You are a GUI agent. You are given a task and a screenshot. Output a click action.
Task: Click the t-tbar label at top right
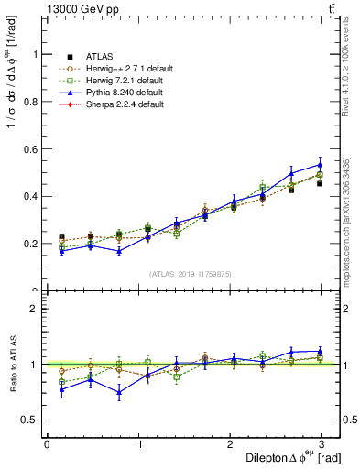click(x=332, y=10)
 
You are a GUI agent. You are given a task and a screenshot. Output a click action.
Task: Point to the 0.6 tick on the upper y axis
click(x=33, y=149)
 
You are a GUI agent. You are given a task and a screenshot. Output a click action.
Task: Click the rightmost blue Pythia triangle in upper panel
click(x=320, y=165)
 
